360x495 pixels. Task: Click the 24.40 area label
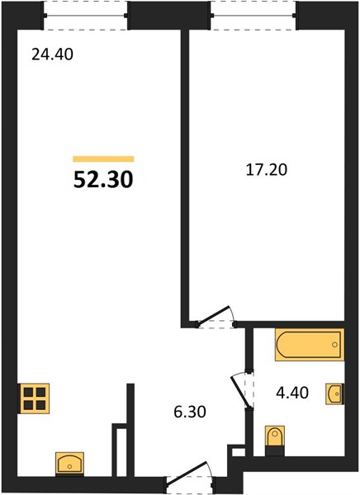point(53,54)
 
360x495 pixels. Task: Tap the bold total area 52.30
point(103,180)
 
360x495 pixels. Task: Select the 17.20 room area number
point(267,170)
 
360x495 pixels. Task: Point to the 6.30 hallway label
point(190,412)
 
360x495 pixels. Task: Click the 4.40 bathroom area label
point(292,393)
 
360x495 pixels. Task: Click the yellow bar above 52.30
point(103,158)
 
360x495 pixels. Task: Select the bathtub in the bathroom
point(310,345)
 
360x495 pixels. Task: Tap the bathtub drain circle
point(334,345)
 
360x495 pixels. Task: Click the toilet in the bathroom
point(275,441)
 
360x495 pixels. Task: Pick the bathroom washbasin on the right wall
point(334,394)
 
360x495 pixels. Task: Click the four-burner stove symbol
point(35,398)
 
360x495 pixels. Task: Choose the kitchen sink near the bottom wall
point(69,464)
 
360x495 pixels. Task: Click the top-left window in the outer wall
point(86,15)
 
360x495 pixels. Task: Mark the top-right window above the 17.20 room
point(253,15)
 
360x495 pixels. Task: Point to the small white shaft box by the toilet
point(239,452)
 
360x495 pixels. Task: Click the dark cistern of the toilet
point(275,451)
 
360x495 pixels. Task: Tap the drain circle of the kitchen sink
point(69,466)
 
